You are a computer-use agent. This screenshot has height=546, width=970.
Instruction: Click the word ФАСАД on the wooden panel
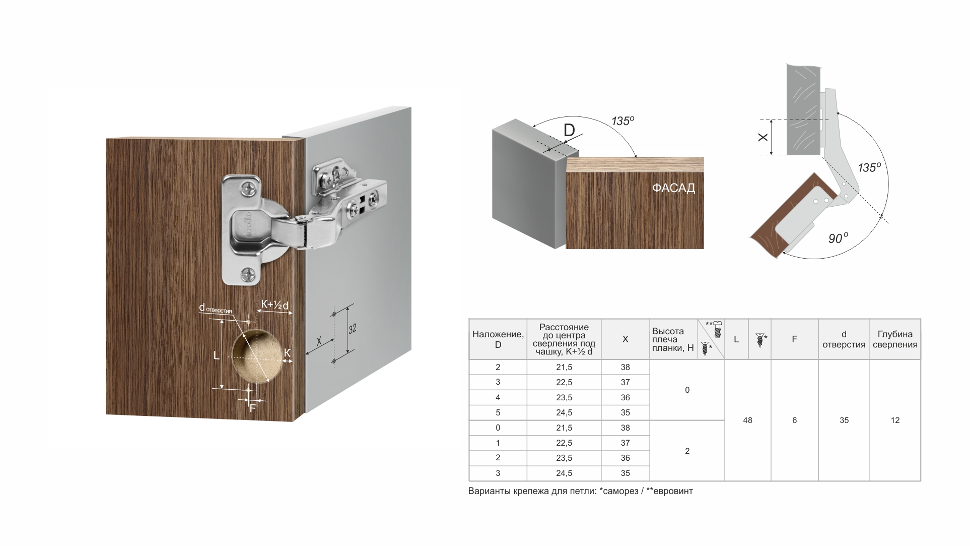tap(673, 188)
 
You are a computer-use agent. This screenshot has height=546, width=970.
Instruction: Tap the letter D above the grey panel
tap(569, 131)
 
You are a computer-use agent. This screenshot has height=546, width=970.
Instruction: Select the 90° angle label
tap(839, 238)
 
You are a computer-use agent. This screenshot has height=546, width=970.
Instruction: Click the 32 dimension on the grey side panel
tap(353, 329)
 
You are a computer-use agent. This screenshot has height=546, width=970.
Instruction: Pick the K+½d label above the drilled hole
tap(274, 305)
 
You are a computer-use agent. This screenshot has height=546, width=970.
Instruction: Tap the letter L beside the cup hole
tap(217, 355)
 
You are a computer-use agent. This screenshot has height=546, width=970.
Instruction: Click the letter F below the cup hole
tap(253, 408)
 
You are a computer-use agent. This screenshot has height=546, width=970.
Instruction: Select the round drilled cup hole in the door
tap(257, 357)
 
